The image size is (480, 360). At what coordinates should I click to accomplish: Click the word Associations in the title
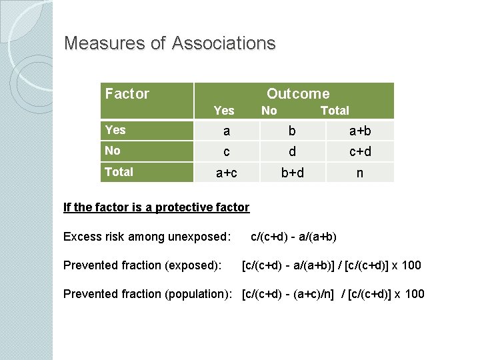click(223, 44)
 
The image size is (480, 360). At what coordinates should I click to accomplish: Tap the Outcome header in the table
click(298, 94)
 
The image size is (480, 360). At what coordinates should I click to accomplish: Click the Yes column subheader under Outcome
click(224, 111)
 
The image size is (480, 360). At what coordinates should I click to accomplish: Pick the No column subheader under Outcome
click(269, 111)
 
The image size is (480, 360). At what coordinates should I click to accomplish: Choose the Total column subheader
click(335, 111)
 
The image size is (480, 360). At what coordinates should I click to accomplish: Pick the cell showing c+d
click(360, 152)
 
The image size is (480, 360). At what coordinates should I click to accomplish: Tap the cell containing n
click(360, 173)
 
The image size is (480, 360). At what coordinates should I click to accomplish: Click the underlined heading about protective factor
click(156, 207)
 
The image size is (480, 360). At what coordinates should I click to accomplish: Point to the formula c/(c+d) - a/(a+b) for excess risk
click(293, 237)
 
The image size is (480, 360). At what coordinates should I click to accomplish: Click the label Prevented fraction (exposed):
click(142, 265)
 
